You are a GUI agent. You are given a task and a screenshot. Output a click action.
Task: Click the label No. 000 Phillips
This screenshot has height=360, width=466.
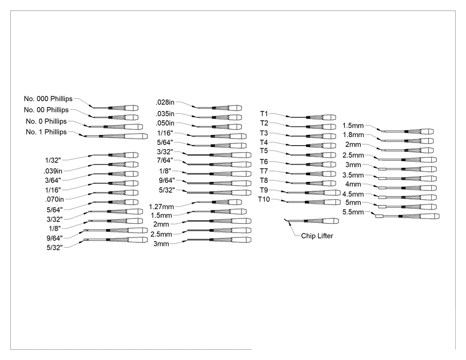click(x=48, y=99)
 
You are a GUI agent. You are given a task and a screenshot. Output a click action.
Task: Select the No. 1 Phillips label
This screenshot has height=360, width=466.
click(x=46, y=132)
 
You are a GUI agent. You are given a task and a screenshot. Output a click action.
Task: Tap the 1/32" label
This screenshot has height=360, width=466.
click(x=53, y=160)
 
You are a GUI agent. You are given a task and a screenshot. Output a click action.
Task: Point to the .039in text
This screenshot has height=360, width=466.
click(x=53, y=171)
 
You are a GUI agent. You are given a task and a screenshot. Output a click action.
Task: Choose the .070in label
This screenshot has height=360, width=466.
click(x=55, y=199)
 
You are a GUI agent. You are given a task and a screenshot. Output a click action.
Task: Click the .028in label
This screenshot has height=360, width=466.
click(x=165, y=102)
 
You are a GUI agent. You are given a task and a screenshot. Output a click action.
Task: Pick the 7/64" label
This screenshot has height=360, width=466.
click(x=165, y=160)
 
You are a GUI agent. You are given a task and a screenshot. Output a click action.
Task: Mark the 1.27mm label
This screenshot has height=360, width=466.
click(x=162, y=206)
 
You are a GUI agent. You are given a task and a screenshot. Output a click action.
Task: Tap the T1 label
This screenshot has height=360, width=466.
click(x=264, y=114)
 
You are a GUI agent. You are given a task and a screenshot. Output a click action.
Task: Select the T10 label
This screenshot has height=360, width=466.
click(x=264, y=199)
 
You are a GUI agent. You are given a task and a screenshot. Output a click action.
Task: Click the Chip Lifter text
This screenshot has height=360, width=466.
click(x=317, y=236)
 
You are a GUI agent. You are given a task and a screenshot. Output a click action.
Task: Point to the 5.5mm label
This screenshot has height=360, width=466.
click(x=353, y=212)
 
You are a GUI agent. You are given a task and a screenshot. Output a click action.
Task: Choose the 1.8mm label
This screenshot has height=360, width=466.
click(x=353, y=135)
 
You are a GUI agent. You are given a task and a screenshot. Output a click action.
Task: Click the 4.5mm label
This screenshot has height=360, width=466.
click(x=353, y=194)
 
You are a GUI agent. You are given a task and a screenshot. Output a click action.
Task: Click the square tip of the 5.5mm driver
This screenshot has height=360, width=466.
click(x=379, y=216)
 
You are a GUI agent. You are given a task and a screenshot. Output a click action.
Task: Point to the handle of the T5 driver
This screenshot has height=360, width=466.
click(x=321, y=155)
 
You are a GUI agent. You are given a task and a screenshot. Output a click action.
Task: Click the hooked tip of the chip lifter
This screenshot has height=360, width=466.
click(x=286, y=220)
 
